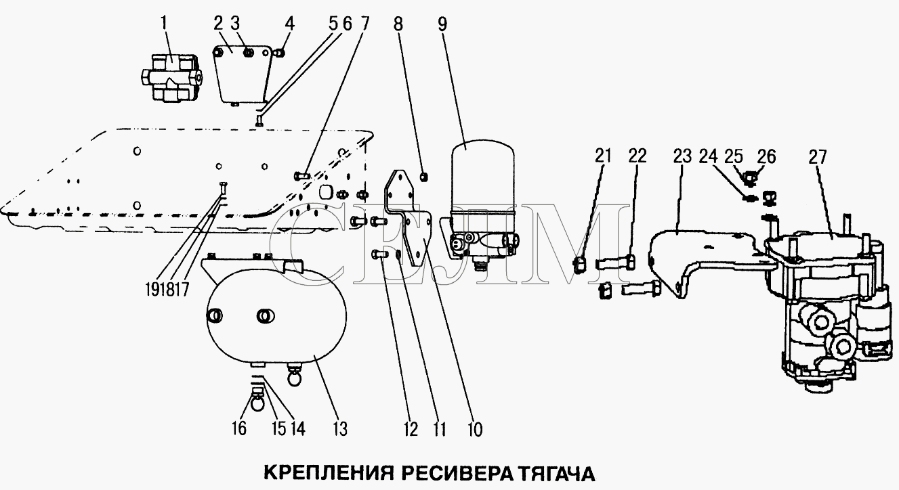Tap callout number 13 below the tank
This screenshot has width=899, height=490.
point(339,428)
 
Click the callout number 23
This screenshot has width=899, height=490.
point(682,157)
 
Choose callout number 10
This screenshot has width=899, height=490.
point(474,428)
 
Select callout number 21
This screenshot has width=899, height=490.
point(603,157)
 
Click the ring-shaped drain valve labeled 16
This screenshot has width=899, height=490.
point(258,404)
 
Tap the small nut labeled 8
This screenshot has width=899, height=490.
point(423,178)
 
